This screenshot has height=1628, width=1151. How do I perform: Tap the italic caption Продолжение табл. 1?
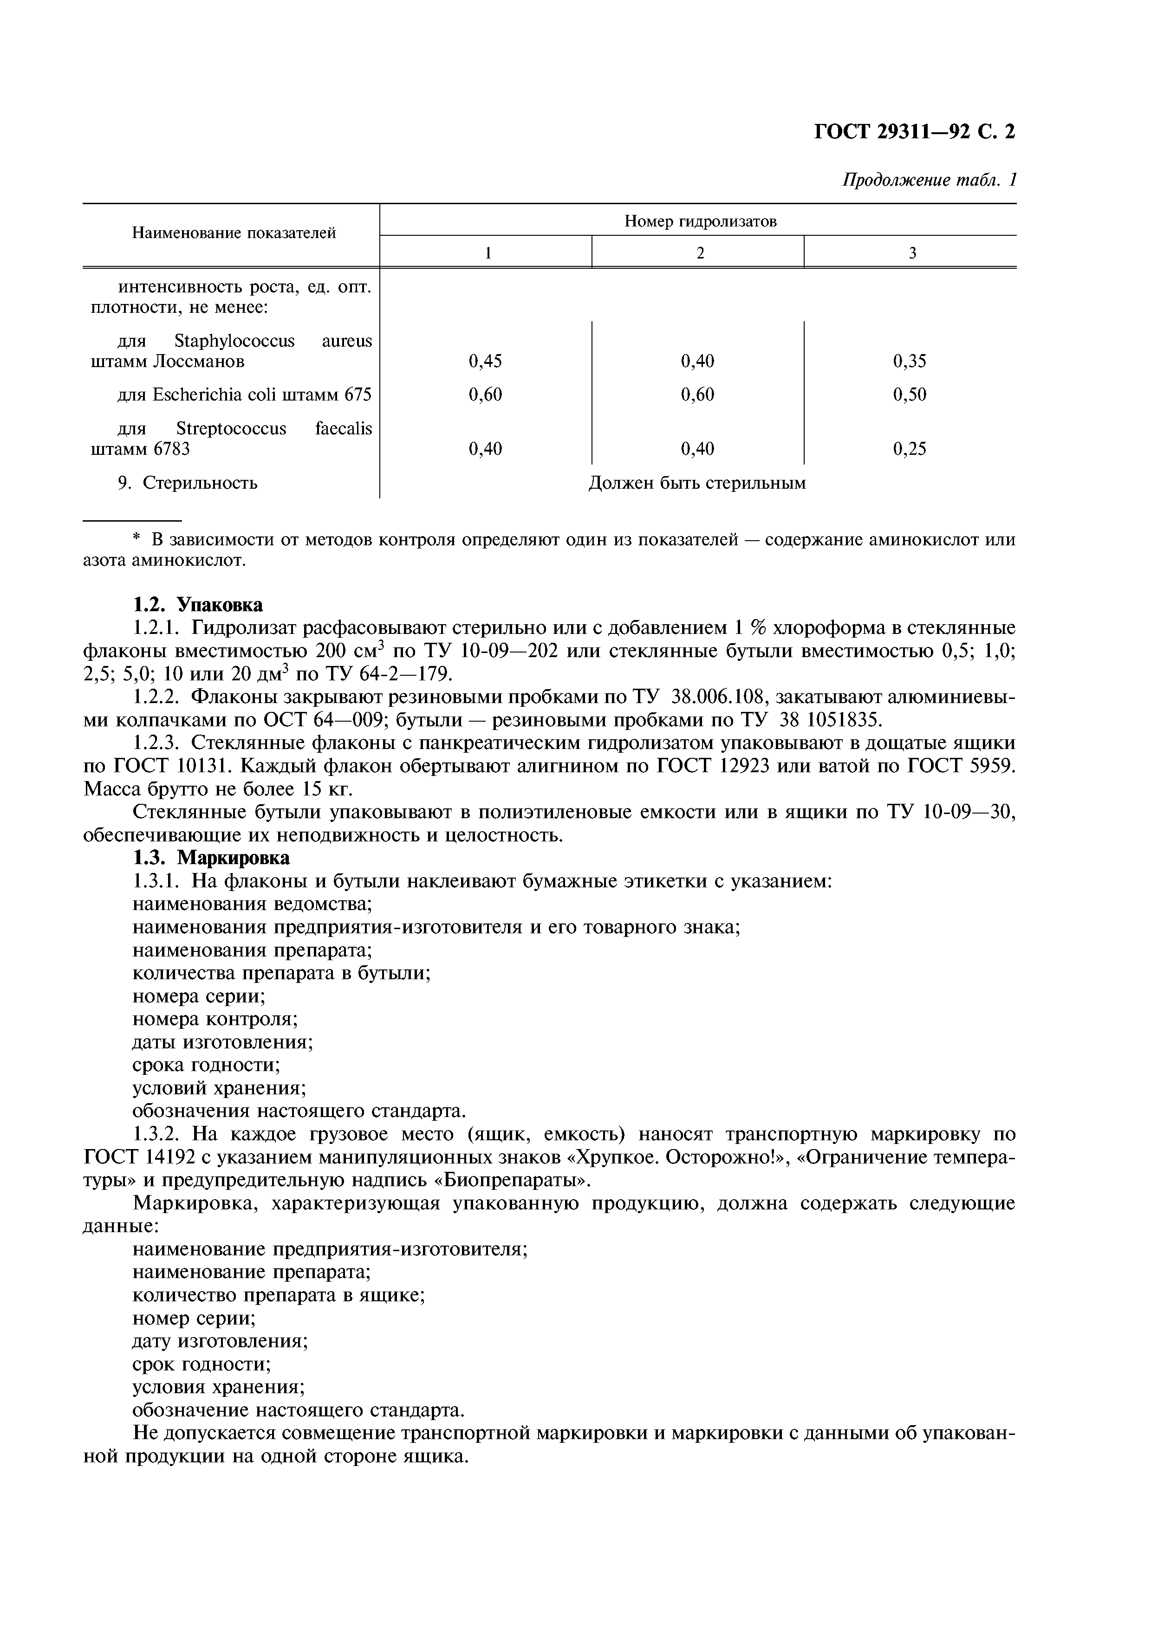click(929, 181)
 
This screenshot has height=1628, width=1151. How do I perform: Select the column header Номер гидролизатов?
click(700, 222)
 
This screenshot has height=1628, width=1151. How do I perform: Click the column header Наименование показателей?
click(234, 233)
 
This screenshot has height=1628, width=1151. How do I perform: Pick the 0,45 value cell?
click(485, 362)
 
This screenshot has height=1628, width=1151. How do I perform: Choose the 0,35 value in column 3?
click(910, 362)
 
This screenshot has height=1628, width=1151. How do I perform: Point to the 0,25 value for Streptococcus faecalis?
click(910, 449)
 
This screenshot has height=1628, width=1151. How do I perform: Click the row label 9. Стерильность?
click(188, 484)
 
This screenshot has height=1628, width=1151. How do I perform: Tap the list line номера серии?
click(199, 996)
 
